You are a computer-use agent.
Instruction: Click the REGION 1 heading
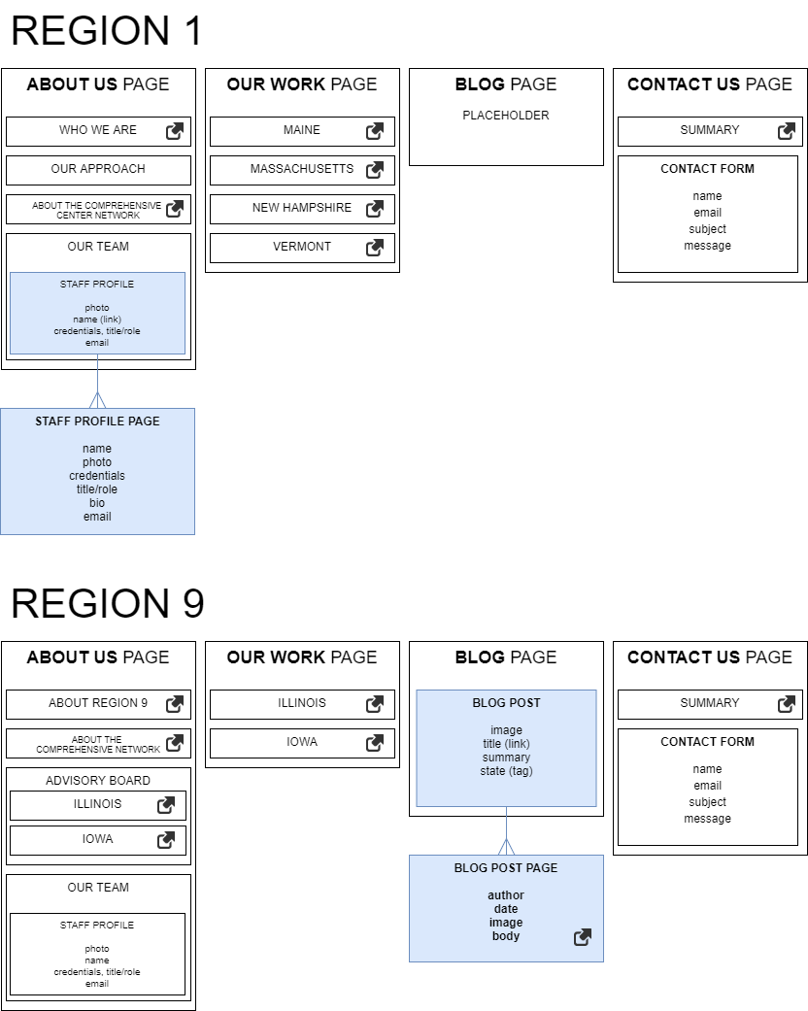click(107, 31)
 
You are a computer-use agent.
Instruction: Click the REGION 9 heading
click(107, 604)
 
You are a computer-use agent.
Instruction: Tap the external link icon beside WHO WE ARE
click(175, 131)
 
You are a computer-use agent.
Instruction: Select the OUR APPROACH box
click(98, 169)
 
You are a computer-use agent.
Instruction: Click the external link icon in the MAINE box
click(375, 131)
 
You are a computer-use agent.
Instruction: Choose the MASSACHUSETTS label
click(302, 169)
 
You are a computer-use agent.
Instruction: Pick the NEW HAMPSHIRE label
click(302, 208)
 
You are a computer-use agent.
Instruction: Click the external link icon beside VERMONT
click(375, 248)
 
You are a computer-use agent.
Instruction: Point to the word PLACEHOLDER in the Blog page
click(505, 116)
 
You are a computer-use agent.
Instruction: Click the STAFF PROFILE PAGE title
click(97, 421)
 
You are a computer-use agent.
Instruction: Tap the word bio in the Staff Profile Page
click(97, 503)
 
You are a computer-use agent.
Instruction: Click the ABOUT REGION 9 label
click(98, 703)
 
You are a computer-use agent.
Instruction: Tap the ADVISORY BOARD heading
click(98, 781)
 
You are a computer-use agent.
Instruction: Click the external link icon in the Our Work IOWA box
click(375, 743)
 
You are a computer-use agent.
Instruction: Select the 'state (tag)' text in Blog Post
click(506, 771)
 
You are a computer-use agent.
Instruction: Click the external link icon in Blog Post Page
click(583, 937)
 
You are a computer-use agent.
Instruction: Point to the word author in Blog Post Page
click(506, 895)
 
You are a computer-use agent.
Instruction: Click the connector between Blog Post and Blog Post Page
click(506, 830)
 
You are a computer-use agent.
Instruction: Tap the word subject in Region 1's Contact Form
click(707, 229)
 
